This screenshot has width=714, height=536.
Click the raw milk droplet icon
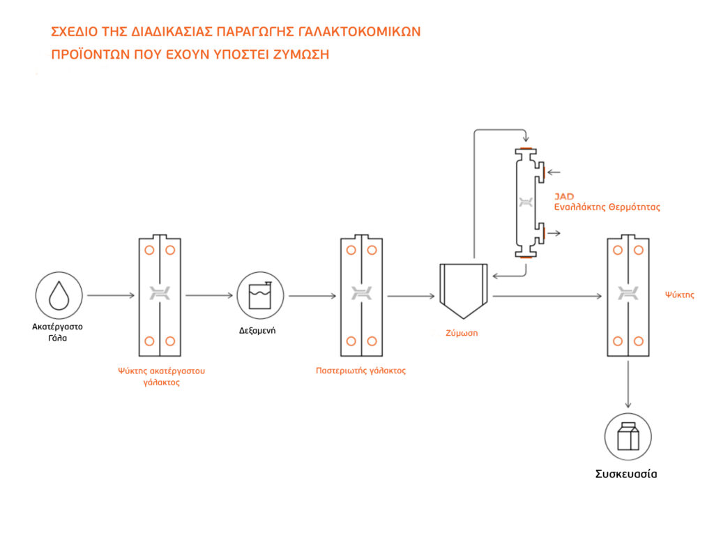point(59,295)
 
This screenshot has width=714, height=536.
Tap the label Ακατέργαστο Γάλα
point(59,332)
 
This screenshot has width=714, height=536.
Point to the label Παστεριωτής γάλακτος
point(360,371)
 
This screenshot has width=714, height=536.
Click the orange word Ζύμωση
point(462,333)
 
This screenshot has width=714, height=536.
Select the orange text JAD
point(564,197)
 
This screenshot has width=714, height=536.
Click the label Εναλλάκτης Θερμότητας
point(607,207)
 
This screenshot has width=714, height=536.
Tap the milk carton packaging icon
point(628,438)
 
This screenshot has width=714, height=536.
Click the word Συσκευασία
point(625,475)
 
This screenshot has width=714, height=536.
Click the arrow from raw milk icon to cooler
point(110,295)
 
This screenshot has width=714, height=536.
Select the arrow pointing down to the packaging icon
point(628,385)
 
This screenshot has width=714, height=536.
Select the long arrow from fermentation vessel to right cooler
point(547,297)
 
